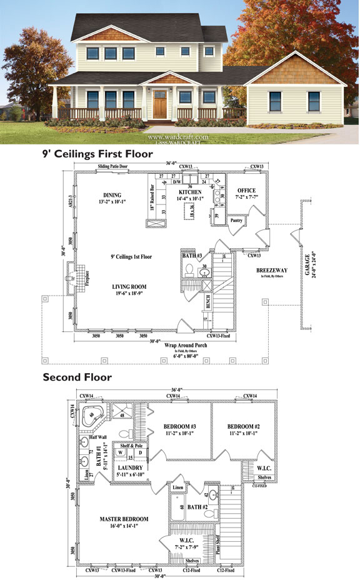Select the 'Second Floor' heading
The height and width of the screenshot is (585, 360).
(77, 377)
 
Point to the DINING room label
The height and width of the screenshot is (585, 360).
(112, 195)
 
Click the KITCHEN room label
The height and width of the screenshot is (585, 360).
(190, 192)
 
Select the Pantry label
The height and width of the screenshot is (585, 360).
(236, 220)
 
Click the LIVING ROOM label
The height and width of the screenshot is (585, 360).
(129, 287)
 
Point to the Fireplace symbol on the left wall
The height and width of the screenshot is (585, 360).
(72, 279)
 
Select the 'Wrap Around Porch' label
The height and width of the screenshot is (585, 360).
(177, 344)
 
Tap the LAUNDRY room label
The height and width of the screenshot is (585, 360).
(131, 467)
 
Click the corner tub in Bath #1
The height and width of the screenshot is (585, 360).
(94, 415)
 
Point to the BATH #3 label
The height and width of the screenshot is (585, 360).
(192, 256)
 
